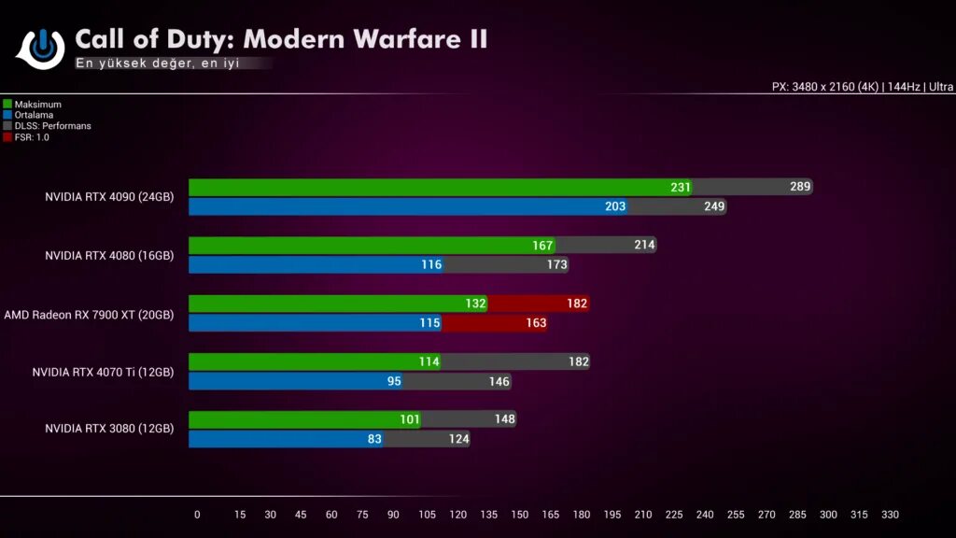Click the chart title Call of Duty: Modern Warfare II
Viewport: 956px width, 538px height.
281,39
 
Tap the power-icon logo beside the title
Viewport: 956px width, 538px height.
40,47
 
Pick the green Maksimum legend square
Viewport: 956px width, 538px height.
7,105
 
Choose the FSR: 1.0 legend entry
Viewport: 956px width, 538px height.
32,137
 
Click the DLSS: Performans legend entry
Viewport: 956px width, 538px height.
52,126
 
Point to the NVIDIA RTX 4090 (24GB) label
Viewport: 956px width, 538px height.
109,197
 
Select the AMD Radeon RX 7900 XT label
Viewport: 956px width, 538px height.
89,315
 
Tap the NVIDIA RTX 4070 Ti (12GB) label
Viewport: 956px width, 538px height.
103,372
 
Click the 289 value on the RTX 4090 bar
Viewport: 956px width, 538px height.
800,187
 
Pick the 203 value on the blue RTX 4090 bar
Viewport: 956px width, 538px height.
615,206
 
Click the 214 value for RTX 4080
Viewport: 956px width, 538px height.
644,246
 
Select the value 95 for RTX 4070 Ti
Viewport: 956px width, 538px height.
393,381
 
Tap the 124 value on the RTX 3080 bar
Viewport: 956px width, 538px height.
458,439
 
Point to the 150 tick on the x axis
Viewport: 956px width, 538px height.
520,515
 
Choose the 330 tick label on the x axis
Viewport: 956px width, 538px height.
890,515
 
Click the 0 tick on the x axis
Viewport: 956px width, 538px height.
197,515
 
